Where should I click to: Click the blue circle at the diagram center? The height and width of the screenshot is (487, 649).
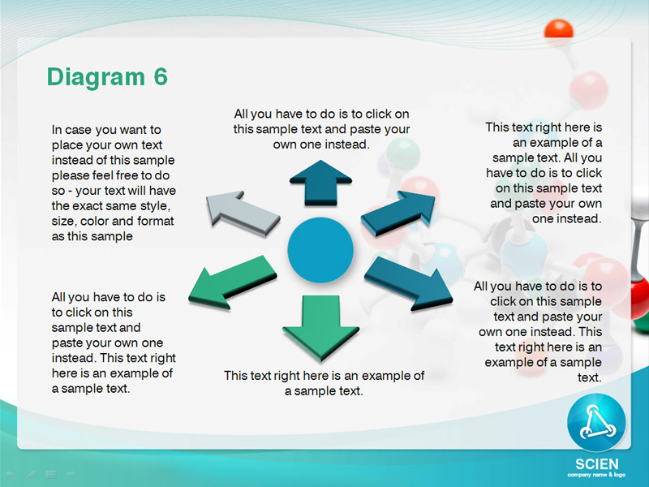pos(320,250)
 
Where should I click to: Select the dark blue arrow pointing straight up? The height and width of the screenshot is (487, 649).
pos(320,183)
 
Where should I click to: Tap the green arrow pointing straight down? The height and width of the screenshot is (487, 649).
pos(320,327)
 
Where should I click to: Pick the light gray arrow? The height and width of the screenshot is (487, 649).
pos(243,213)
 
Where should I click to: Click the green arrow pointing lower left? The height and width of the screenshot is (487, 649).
pos(232,282)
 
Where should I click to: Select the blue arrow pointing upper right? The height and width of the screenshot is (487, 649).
pos(398,213)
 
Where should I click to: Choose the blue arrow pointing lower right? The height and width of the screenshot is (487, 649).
pos(408,282)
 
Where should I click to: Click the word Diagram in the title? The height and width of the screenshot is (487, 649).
pos(96,78)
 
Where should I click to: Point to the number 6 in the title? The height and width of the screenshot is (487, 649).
pos(161,76)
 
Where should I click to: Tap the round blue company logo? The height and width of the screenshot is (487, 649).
pos(596,423)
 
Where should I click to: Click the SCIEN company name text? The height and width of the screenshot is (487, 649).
pos(597,463)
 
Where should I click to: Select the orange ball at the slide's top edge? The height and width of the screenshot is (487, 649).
pos(559,30)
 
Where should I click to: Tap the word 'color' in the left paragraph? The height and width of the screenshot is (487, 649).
pos(94,221)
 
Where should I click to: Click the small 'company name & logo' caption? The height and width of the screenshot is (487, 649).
pos(596,475)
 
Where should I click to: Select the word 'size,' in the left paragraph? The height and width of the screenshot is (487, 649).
pos(64,221)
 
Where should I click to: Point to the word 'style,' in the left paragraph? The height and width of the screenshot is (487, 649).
pos(155,206)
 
